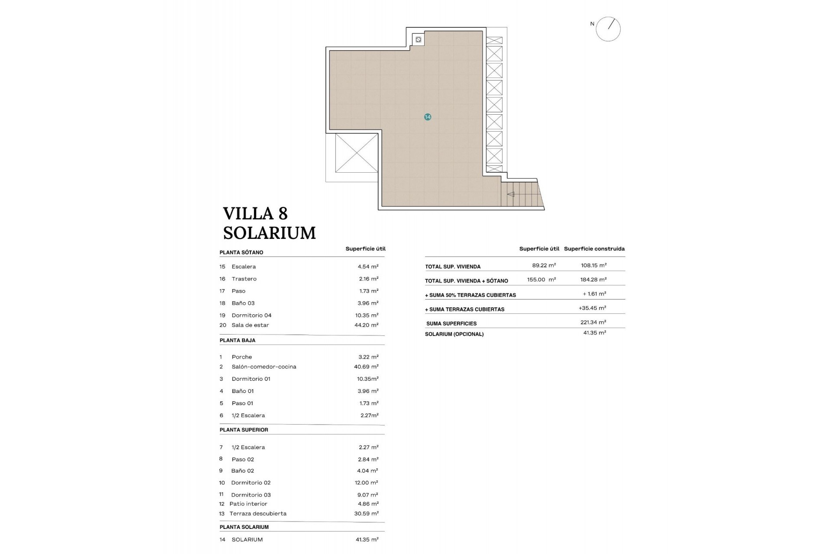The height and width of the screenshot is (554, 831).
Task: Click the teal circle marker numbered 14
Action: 428,117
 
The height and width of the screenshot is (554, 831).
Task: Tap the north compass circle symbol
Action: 608,29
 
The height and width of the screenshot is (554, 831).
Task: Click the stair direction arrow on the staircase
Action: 511,194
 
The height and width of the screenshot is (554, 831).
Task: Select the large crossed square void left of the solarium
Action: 356,153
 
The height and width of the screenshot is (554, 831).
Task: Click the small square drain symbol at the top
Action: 418,40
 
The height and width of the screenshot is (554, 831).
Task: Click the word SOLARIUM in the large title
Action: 269,233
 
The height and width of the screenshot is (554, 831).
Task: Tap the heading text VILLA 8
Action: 255,213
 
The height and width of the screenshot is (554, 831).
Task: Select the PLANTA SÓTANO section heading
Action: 241,252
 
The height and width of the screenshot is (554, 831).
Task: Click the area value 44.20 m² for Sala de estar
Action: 366,325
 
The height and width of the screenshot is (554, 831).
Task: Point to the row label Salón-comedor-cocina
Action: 264,367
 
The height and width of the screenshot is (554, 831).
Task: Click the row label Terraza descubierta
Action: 258,514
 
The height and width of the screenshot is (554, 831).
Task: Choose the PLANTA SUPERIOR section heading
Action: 244,430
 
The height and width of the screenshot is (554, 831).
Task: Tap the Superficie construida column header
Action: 594,249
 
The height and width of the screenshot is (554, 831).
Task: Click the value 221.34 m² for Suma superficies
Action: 593,322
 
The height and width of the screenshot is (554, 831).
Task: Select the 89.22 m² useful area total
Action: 544,265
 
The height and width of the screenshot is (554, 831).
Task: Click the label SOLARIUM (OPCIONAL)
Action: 454,334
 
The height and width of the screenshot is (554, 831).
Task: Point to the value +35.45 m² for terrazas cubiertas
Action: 592,308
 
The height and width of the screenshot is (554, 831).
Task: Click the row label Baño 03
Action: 243,303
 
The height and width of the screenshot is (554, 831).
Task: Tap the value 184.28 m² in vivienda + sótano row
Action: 593,280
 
